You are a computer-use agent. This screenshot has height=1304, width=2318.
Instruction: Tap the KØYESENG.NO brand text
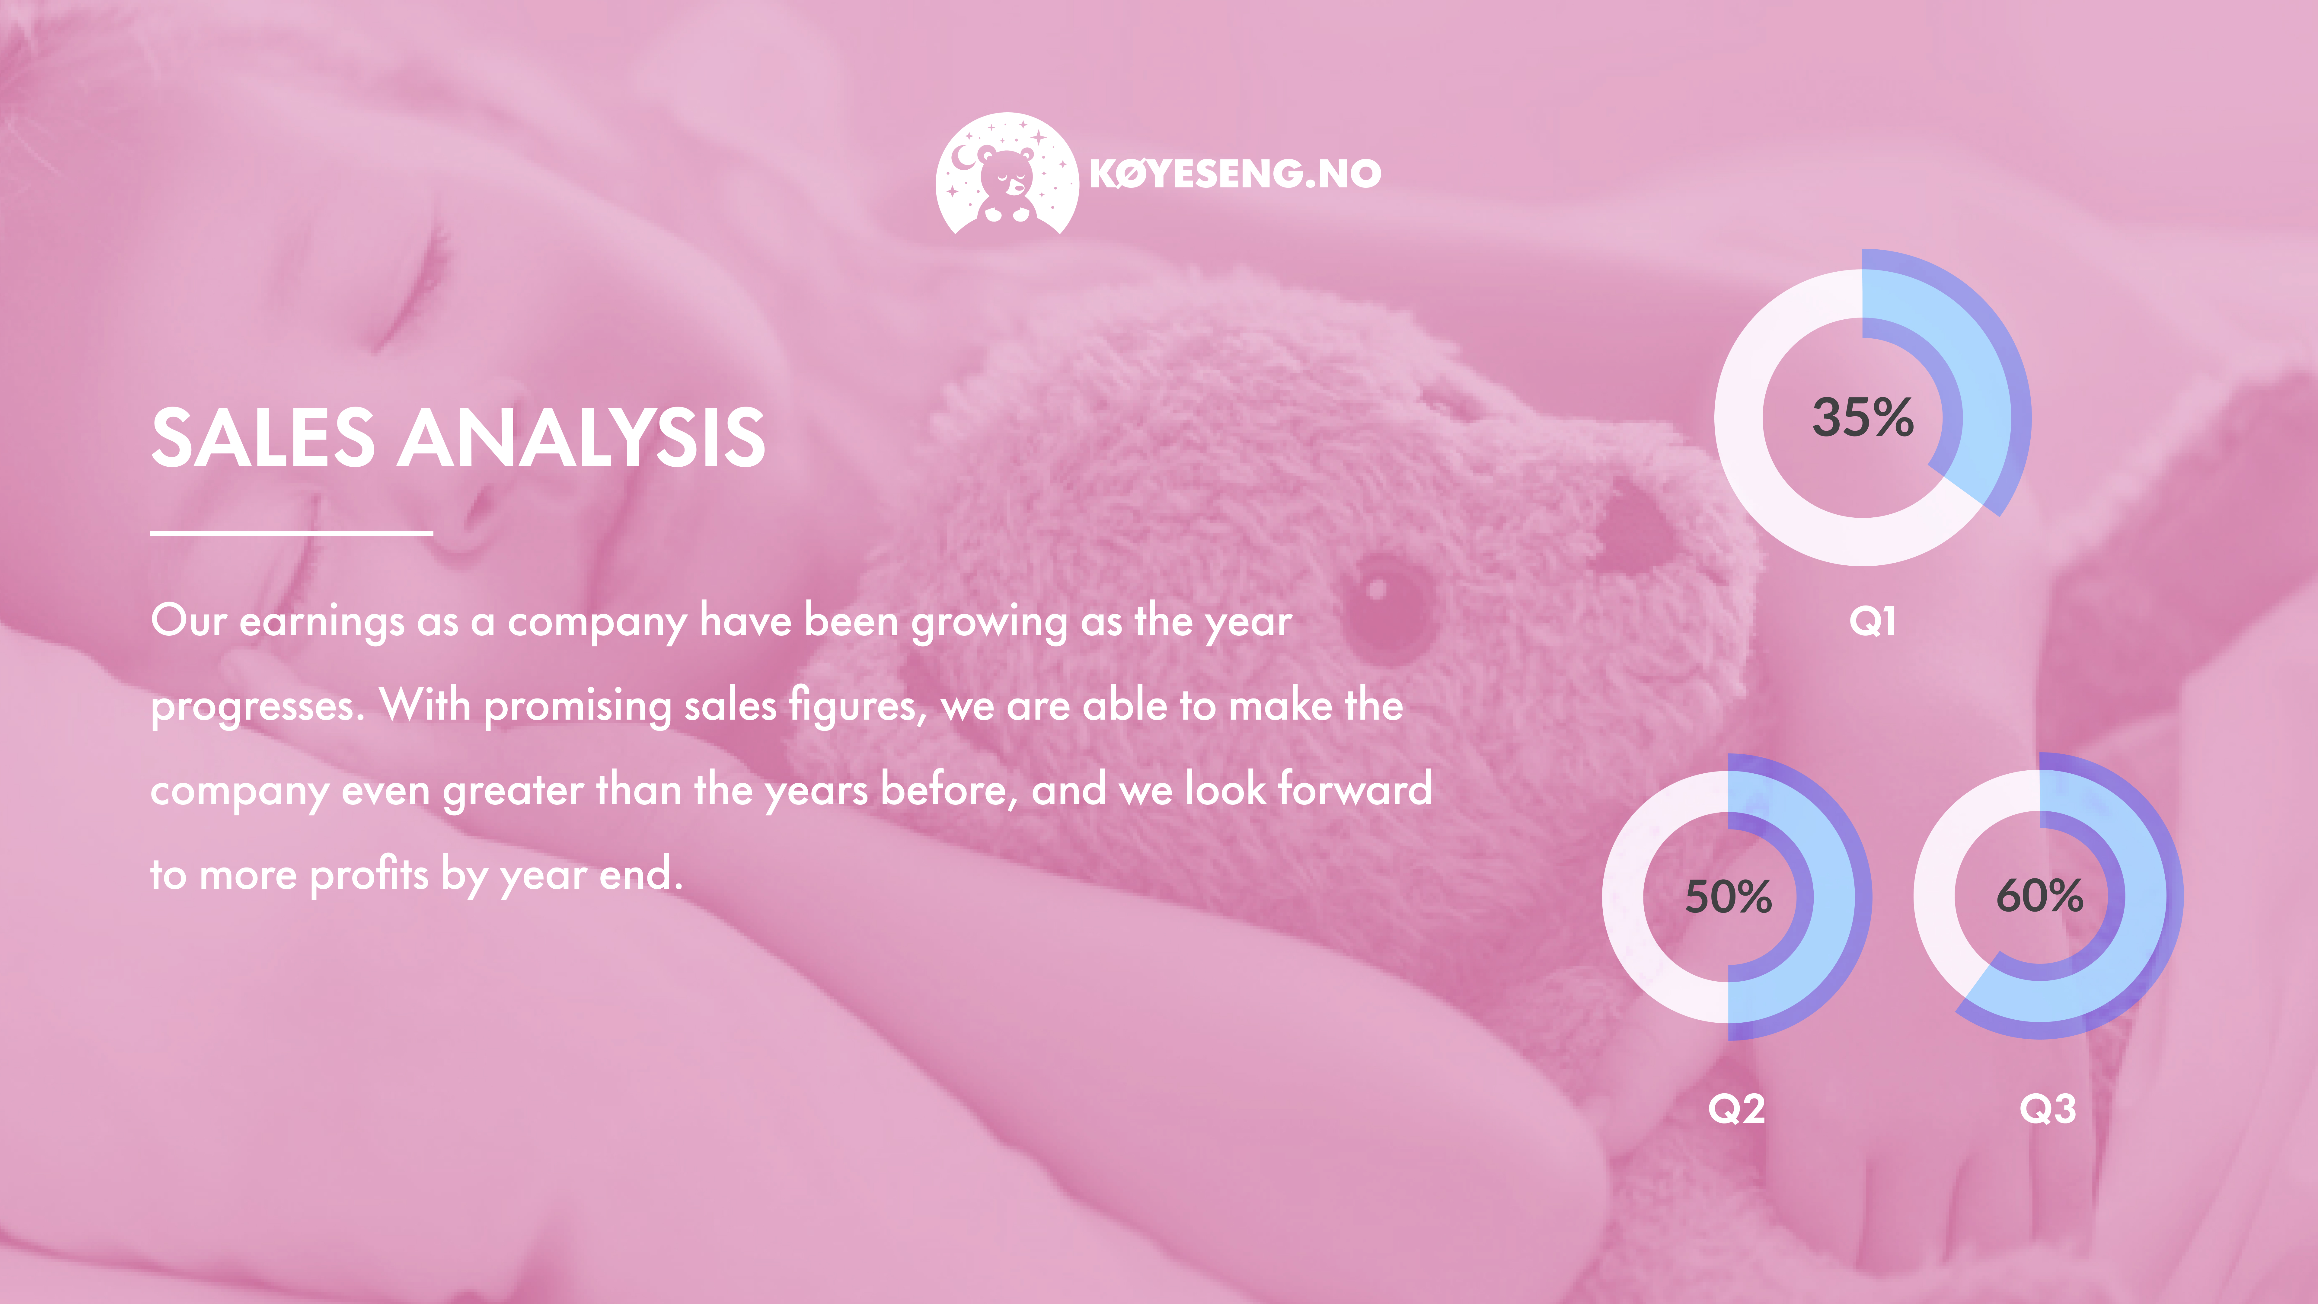tap(1234, 174)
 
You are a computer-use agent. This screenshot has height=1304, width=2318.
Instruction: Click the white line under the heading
tap(292, 534)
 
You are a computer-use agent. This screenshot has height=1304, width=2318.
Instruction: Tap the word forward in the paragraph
tap(1355, 788)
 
